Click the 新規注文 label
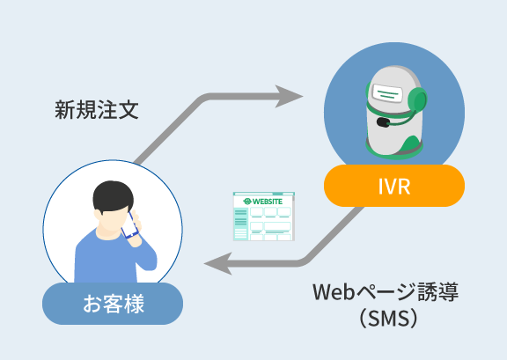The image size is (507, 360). [97, 110]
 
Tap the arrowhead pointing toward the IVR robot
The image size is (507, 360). [289, 96]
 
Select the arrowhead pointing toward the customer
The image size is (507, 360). [218, 263]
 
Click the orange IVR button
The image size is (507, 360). [394, 186]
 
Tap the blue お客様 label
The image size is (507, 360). [113, 304]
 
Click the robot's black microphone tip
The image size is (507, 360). [383, 122]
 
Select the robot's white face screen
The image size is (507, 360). [387, 93]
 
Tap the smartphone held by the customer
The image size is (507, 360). [130, 225]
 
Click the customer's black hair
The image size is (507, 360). [113, 196]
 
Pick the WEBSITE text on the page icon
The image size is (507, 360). [267, 202]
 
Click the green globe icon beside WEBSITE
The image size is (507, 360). [247, 202]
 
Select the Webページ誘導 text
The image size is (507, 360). [386, 291]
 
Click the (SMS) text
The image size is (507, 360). [388, 319]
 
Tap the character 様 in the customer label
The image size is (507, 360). [134, 304]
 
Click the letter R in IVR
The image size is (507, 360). [403, 186]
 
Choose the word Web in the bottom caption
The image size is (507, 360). [334, 291]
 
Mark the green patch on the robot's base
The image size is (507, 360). [410, 143]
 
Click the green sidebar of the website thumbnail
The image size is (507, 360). [240, 224]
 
